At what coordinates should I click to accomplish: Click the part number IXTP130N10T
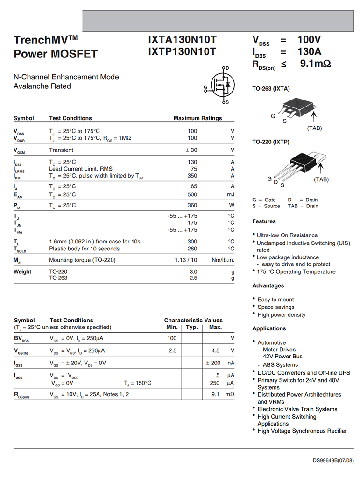[182, 51]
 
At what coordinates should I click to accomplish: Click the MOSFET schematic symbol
[220, 85]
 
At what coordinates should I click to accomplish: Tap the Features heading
[264, 221]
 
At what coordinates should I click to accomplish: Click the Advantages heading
[268, 285]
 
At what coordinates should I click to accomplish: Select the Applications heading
[269, 328]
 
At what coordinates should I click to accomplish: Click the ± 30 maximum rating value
[191, 150]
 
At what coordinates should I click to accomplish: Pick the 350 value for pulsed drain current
[192, 176]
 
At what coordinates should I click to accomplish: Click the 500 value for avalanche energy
[192, 194]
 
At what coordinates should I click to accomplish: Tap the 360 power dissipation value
[192, 205]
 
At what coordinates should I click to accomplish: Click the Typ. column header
[192, 327]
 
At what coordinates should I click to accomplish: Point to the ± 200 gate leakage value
[213, 363]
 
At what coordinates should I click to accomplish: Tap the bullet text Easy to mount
[275, 300]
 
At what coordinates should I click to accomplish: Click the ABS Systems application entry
[280, 365]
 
